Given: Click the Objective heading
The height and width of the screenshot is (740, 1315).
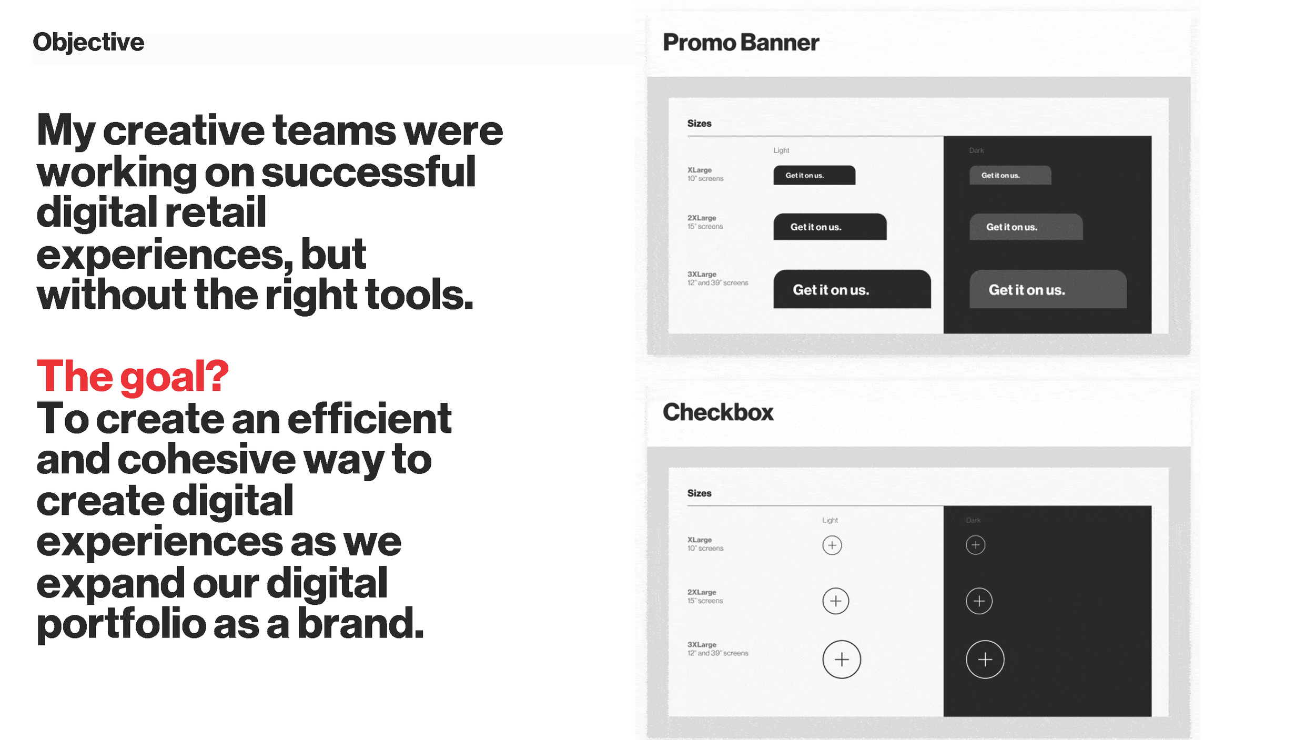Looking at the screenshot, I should [88, 43].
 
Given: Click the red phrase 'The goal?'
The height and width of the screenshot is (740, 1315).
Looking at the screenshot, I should [133, 377].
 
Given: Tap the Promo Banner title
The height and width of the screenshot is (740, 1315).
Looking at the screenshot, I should [741, 43].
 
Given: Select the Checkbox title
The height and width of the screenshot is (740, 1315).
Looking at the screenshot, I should [718, 412].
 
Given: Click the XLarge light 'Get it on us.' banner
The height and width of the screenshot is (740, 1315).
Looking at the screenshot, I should [814, 175].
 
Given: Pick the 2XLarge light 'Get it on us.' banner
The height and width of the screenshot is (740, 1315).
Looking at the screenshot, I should [830, 227].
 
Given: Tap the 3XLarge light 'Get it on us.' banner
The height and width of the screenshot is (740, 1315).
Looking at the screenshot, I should [852, 289].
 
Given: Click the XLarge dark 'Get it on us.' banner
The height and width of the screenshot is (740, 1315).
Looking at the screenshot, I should [1010, 175].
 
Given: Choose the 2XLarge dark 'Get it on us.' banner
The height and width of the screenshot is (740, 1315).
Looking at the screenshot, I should [1026, 227].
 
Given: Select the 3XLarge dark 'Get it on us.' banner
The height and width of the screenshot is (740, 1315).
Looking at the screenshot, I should [1048, 289].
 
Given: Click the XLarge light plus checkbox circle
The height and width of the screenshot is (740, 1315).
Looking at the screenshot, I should [832, 545].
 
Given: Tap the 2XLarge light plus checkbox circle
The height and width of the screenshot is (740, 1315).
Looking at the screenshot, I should [835, 601].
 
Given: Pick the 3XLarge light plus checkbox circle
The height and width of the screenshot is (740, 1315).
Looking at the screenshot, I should [842, 660].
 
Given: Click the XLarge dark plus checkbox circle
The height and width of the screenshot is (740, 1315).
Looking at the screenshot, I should [975, 545].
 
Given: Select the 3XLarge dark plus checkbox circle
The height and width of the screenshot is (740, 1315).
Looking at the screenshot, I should [985, 660].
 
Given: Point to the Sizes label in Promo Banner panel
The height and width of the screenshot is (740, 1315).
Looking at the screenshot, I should [699, 124].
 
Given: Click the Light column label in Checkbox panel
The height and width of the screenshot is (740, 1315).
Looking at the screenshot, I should [830, 520].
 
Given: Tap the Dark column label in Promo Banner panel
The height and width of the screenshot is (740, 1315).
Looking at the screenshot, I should [976, 150].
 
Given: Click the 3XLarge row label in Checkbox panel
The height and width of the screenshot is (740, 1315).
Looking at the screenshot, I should [702, 645].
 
